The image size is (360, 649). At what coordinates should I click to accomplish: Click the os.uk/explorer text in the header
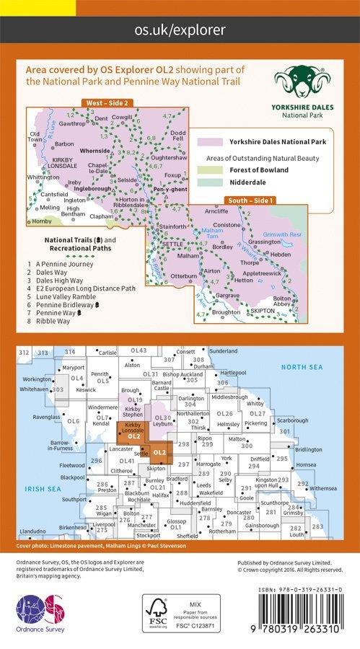coord(180,30)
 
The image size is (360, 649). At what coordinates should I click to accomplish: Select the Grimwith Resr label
coord(285,234)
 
